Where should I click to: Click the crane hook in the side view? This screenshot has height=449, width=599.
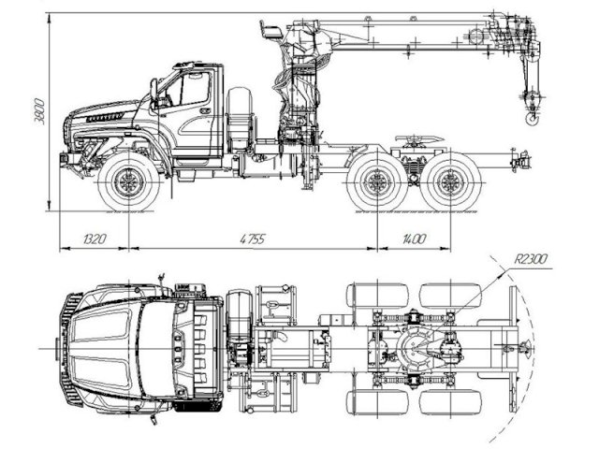click(533, 118)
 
